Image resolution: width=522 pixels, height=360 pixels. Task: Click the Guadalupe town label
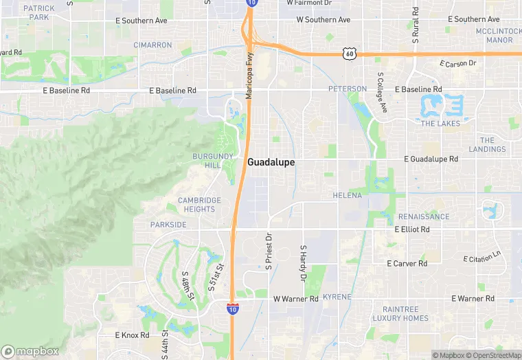pyautogui.click(x=271, y=162)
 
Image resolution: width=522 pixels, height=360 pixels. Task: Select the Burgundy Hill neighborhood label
pyautogui.click(x=207, y=161)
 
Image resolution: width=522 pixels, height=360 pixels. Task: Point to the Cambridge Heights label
pyautogui.click(x=200, y=205)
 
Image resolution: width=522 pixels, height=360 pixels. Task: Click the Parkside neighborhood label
pyautogui.click(x=168, y=225)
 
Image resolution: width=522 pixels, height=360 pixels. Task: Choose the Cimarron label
pyautogui.click(x=153, y=45)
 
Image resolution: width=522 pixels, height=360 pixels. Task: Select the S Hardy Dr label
pyautogui.click(x=302, y=263)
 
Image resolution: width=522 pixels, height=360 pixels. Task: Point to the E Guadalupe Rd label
pyautogui.click(x=431, y=159)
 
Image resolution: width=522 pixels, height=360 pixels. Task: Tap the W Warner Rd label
pyautogui.click(x=296, y=299)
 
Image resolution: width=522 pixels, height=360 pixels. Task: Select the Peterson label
pyautogui.click(x=348, y=89)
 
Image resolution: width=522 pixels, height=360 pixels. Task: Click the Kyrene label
pyautogui.click(x=337, y=297)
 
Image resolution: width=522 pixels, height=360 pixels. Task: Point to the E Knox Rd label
pyautogui.click(x=132, y=335)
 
